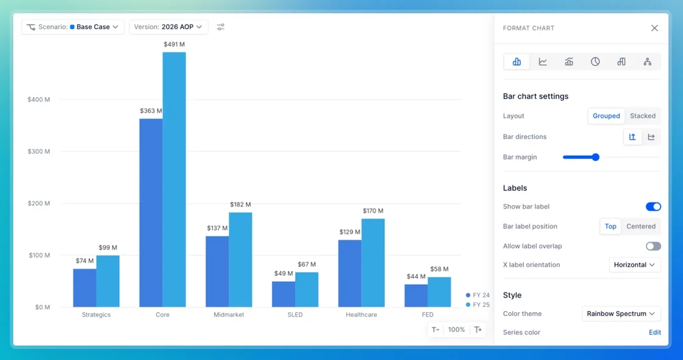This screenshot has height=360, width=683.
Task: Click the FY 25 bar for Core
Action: tap(174, 179)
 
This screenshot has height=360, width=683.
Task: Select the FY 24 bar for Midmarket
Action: tap(217, 271)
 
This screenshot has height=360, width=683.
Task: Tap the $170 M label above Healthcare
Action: tap(373, 211)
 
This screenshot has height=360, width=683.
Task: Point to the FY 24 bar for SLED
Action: tap(284, 293)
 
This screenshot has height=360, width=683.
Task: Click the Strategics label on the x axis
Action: tap(96, 315)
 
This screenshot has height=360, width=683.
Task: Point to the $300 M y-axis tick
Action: tap(39, 151)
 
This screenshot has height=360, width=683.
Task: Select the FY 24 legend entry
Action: tap(477, 295)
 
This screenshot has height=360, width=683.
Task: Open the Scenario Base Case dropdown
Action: tap(73, 27)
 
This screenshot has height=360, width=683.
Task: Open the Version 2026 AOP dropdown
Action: tap(168, 27)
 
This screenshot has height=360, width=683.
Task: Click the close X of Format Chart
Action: tap(654, 28)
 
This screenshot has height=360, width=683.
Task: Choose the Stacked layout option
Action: tap(643, 116)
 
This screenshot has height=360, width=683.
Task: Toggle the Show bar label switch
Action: tap(653, 207)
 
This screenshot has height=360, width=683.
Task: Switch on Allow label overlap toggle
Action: tap(653, 246)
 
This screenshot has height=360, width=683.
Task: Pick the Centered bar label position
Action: tap(641, 226)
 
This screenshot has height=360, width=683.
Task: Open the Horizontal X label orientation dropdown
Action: tap(634, 265)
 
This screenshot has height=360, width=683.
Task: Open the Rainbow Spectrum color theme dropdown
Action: tap(621, 314)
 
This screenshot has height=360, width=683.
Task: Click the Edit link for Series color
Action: tap(654, 333)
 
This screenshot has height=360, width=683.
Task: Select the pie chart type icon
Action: tap(595, 62)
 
